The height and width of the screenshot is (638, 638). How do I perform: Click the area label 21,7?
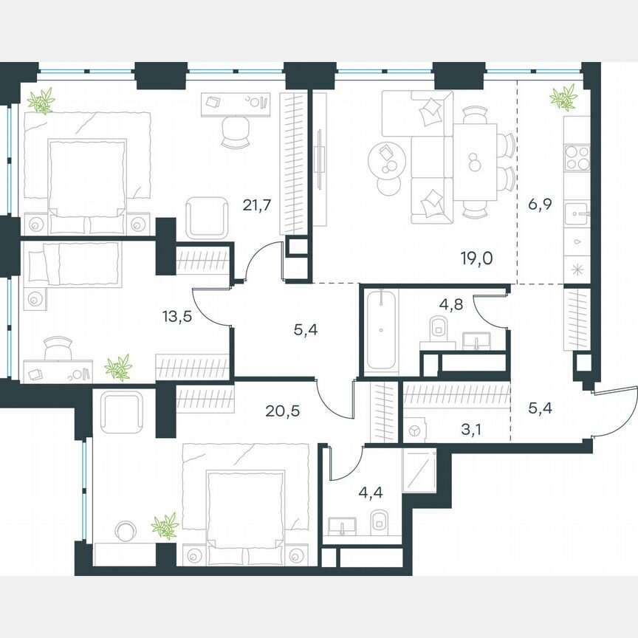coord(253,205)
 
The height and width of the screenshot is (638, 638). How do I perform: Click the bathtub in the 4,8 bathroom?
coord(382,332)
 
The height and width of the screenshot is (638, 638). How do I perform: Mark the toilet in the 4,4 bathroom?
coord(379,521)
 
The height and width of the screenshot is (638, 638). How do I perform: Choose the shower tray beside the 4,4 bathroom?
coord(420,468)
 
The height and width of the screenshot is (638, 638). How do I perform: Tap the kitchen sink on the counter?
coord(576,213)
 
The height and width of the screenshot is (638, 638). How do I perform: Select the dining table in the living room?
coord(474,160)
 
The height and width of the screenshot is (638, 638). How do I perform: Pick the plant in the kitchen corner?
coord(563,97)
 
